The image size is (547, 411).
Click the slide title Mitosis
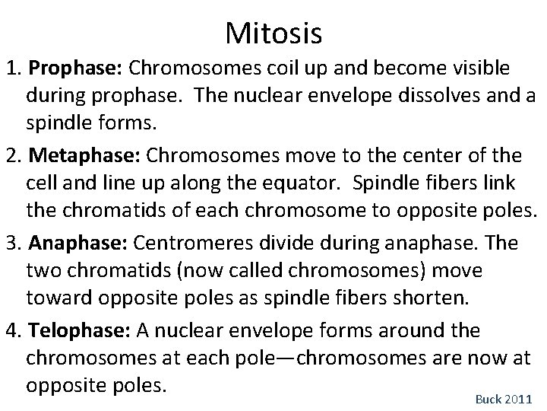click(x=274, y=33)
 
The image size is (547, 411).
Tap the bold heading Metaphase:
click(x=84, y=157)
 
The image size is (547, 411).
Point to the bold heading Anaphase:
click(x=79, y=244)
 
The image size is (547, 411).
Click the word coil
click(x=273, y=69)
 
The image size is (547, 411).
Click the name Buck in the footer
click(x=489, y=398)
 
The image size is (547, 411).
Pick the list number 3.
click(x=11, y=244)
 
